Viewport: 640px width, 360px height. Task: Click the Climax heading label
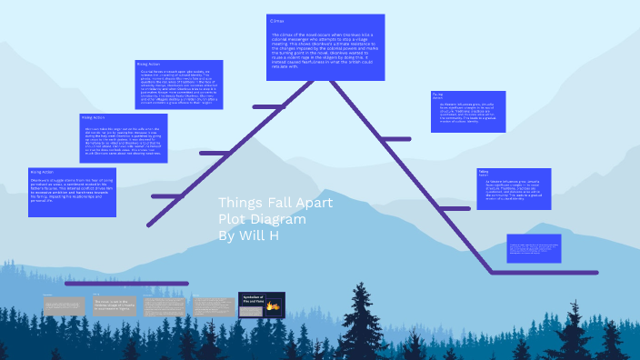pyautogui.click(x=278, y=19)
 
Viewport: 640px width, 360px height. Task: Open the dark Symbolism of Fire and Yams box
pyautogui.click(x=261, y=305)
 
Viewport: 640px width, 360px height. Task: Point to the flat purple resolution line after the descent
pyautogui.click(x=544, y=272)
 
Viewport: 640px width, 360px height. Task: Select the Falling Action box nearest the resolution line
pyautogui.click(x=514, y=188)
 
